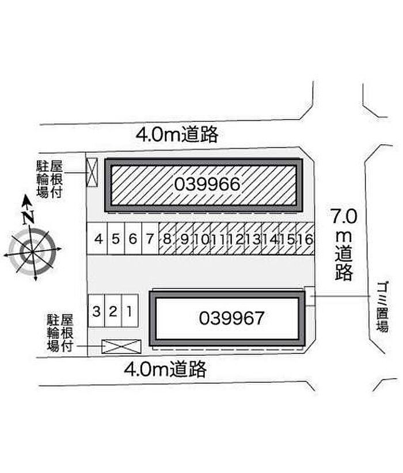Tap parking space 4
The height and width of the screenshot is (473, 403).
pyautogui.click(x=99, y=239)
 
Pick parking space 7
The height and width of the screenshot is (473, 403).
pyautogui.click(x=150, y=239)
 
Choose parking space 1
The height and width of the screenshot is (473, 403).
pyautogui.click(x=130, y=312)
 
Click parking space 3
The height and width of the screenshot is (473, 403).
pyautogui.click(x=96, y=312)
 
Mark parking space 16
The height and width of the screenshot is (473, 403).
pyautogui.click(x=308, y=239)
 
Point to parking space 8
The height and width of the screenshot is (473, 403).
pyautogui.click(x=167, y=239)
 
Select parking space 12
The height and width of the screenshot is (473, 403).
pyautogui.click(x=235, y=239)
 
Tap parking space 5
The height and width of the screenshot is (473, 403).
pyautogui.click(x=116, y=239)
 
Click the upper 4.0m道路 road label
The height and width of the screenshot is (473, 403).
pyautogui.click(x=177, y=134)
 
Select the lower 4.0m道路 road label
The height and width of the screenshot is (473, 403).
pyautogui.click(x=165, y=370)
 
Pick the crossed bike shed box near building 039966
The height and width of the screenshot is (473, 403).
pyautogui.click(x=92, y=171)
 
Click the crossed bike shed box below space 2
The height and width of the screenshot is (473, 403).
pyautogui.click(x=121, y=347)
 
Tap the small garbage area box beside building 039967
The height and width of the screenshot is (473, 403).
pyautogui.click(x=310, y=296)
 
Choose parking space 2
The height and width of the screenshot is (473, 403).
pyautogui.click(x=113, y=312)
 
